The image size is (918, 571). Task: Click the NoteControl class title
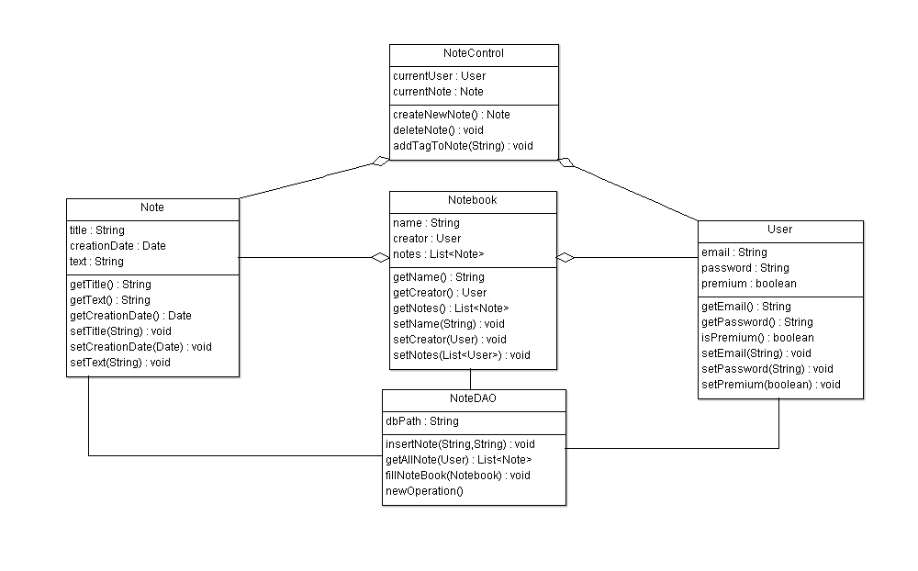(473, 53)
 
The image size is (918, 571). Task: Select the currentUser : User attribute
(440, 76)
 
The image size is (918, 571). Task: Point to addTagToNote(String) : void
(463, 146)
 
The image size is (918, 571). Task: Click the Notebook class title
(473, 200)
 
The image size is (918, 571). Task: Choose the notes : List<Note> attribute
(438, 254)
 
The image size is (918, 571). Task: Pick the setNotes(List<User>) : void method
(462, 355)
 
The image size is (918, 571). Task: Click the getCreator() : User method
(440, 293)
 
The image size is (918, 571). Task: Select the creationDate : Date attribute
(118, 246)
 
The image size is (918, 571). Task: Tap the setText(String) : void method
(120, 363)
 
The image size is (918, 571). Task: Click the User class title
(780, 230)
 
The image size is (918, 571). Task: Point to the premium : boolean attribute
(749, 284)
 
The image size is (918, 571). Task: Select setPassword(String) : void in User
(767, 369)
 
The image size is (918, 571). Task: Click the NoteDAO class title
(474, 398)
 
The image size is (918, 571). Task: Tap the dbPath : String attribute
(422, 421)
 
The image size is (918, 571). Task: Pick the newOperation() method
(424, 491)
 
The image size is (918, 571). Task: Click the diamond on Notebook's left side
(381, 258)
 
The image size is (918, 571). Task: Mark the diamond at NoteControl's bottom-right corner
(566, 162)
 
